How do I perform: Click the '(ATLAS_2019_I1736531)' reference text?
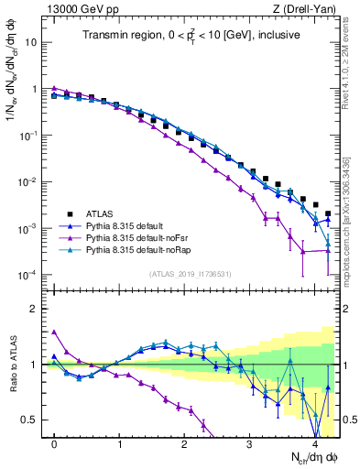tap(190, 274)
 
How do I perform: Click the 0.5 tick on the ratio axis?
tap(34, 420)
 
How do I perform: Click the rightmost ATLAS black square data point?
tap(328, 213)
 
